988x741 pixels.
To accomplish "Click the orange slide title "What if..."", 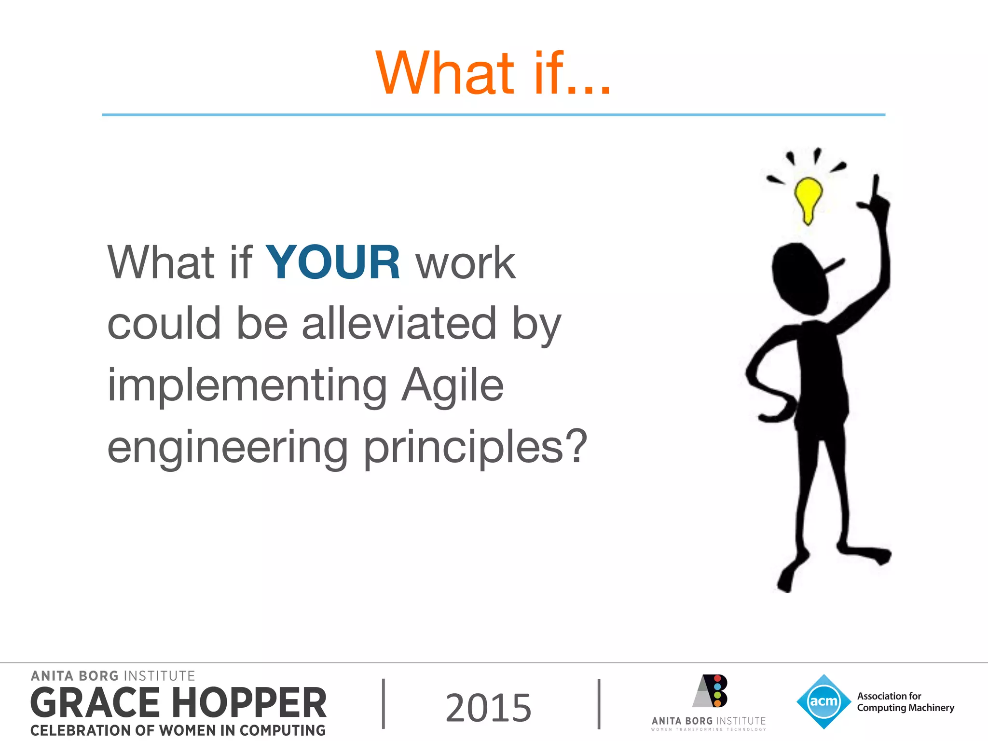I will click(493, 73).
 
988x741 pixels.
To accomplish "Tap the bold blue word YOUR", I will click(332, 262).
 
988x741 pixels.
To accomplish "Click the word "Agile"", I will click(453, 385).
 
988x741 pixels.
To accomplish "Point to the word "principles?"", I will click(475, 448).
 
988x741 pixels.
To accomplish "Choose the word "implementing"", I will click(247, 385).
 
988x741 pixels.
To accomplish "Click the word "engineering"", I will click(227, 448).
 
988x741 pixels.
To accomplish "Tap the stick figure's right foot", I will click(868, 554).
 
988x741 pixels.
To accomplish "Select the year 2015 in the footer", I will click(488, 707).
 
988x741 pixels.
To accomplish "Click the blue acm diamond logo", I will click(823, 701).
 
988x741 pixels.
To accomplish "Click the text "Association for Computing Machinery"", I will click(905, 702).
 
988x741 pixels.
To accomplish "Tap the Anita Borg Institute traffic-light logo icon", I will click(711, 691).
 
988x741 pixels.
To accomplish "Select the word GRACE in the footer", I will click(95, 703).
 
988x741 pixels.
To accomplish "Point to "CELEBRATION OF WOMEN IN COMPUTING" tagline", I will click(178, 730).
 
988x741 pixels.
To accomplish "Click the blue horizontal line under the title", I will click(493, 115).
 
